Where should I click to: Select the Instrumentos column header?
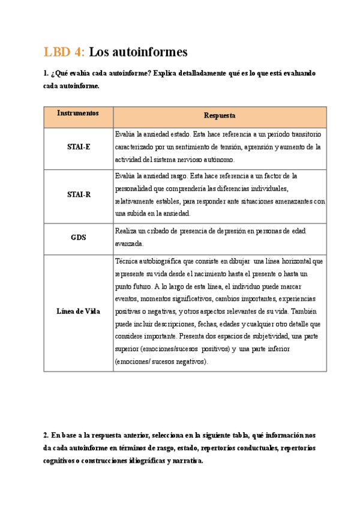pyautogui.click(x=78, y=113)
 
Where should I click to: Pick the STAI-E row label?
pyautogui.click(x=78, y=147)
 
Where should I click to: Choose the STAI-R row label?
pyautogui.click(x=78, y=194)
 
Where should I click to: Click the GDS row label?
pyautogui.click(x=78, y=237)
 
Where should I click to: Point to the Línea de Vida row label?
pyautogui.click(x=78, y=311)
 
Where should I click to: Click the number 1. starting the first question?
pyautogui.click(x=46, y=73)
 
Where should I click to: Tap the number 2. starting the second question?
pyautogui.click(x=46, y=435)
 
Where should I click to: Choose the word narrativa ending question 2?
pyautogui.click(x=187, y=461)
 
